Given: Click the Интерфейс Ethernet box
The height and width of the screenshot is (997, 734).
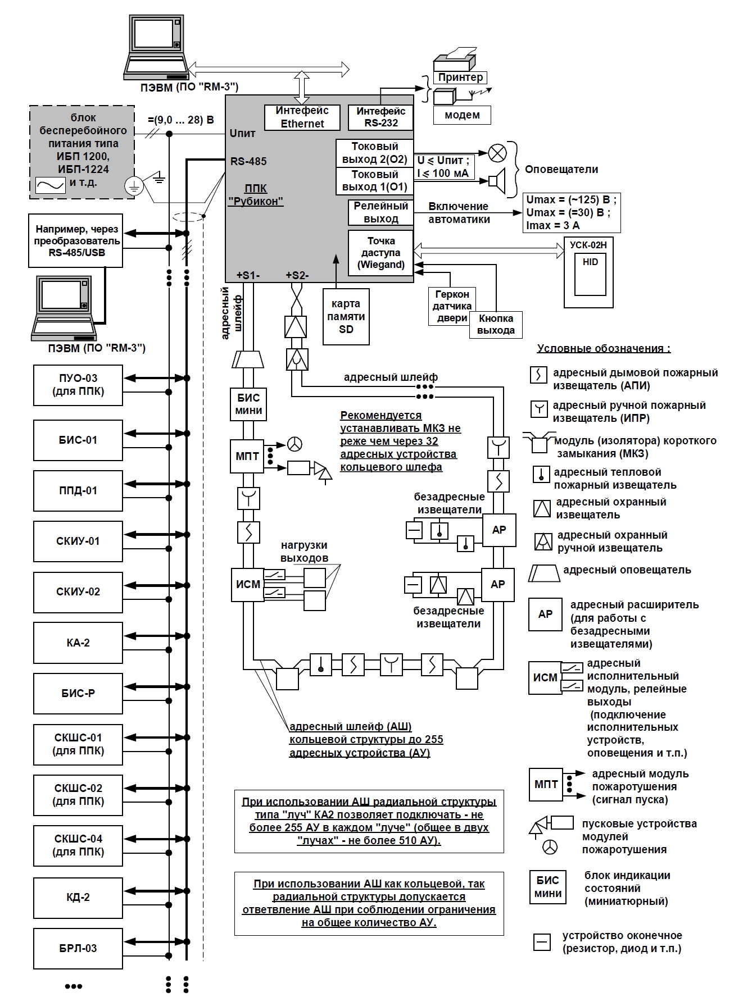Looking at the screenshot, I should pos(302,117).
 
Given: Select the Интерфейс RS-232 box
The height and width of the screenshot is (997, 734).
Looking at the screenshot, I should pos(380,117).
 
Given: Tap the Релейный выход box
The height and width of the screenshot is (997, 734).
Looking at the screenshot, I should pos(380,212).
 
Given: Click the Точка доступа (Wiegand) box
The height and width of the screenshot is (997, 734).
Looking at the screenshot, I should pos(380,253).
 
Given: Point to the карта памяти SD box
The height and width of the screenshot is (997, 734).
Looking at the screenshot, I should pos(346,317).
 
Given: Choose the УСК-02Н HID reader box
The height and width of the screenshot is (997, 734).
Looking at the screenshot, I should pos(588,272).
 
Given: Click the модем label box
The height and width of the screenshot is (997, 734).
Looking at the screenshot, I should pos(462,115).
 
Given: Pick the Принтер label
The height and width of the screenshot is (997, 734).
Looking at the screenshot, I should pos(460,78).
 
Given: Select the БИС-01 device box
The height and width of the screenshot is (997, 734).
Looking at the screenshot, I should pos(78,440).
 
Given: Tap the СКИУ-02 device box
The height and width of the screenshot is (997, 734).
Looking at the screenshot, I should pos(78,592).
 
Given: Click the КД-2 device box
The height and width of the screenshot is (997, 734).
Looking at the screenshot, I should pos(78,898).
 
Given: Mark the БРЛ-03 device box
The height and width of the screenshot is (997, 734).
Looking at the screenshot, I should pos(78,949).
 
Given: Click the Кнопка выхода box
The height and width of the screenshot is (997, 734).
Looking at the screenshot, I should pos(496,325).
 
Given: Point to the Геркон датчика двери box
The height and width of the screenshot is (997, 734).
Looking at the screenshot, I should pos(451,306).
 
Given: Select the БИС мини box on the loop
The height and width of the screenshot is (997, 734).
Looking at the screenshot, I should pos(248,404).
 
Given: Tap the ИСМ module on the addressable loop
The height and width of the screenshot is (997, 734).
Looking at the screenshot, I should pos(248,585).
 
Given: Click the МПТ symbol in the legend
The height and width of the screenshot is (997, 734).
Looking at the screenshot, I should pos(546,785).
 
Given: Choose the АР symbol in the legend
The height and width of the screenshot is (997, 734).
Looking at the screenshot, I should pos(545,614).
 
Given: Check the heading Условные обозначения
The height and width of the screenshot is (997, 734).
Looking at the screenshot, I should pos(604,348).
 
